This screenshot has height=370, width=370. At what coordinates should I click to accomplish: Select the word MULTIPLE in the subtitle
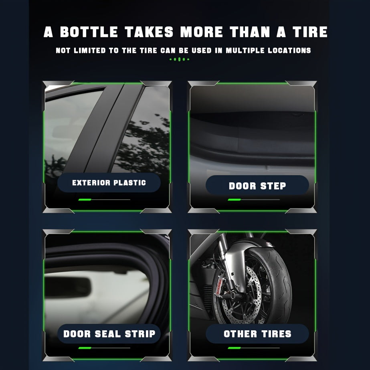point(245,51)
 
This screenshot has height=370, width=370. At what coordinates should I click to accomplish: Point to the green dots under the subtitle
point(179,59)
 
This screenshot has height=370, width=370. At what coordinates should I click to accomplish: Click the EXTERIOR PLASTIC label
point(109,183)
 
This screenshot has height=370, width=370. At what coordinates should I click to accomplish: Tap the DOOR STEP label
point(257,186)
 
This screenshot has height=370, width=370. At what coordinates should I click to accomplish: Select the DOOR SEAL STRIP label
point(109,334)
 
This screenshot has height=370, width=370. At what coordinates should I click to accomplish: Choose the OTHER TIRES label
point(257,334)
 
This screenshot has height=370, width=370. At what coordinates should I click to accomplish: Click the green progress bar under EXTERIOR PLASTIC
point(85,199)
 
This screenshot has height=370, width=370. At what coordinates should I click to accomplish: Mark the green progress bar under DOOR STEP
point(234,199)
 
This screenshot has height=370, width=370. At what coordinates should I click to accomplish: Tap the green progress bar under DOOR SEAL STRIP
point(85,348)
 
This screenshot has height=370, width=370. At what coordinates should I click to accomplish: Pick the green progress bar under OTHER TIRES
point(234,348)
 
